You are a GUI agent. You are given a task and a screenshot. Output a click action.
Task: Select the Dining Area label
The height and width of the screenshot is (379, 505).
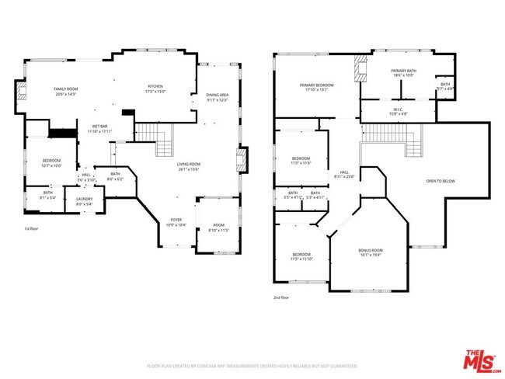[217, 97]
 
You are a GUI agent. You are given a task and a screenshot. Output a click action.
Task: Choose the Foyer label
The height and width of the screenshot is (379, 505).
[177, 222]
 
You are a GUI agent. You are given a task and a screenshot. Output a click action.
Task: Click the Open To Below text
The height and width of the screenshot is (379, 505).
[441, 182]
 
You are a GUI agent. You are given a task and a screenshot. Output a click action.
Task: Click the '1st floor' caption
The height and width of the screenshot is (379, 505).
[32, 229]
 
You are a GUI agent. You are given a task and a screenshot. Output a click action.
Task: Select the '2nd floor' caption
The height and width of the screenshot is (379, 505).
[282, 297]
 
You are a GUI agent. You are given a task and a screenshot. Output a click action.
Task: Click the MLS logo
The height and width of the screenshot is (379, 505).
[482, 360]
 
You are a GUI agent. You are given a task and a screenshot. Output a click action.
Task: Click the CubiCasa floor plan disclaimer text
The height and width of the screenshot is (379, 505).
[252, 366]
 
